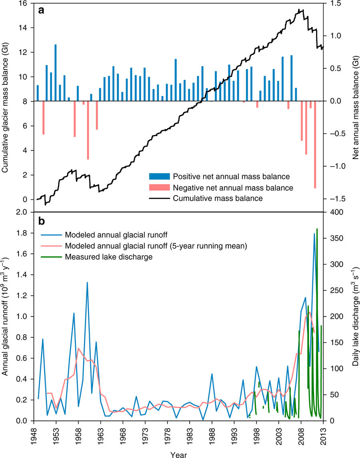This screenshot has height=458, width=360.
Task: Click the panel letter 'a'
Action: pos(41,11)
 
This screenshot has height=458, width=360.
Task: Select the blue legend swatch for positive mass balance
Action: pos(159,176)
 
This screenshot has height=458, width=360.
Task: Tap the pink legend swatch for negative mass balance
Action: pos(159,187)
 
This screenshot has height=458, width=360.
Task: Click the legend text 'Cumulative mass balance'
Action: pos(218,198)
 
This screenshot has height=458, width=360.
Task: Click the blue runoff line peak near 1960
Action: pos(87,283)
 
